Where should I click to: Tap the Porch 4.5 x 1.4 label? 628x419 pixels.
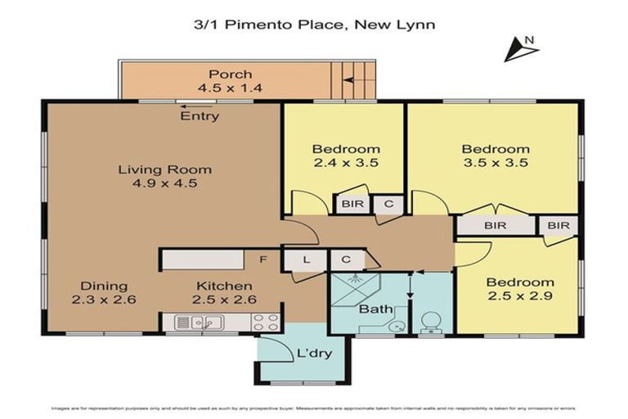point(230,81)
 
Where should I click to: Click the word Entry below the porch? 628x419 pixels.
point(200,116)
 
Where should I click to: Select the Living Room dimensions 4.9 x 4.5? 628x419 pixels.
point(164,184)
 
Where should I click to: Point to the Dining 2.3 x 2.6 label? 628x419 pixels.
point(104,293)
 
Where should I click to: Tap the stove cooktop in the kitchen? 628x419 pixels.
point(266,322)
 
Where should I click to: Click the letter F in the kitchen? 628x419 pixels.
point(263,260)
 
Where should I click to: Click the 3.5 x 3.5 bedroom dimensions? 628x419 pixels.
point(495,163)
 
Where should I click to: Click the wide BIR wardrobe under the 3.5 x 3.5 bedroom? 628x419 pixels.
point(495,225)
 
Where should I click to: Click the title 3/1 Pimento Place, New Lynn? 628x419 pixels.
point(314,25)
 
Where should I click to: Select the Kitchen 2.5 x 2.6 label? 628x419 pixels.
point(224,293)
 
